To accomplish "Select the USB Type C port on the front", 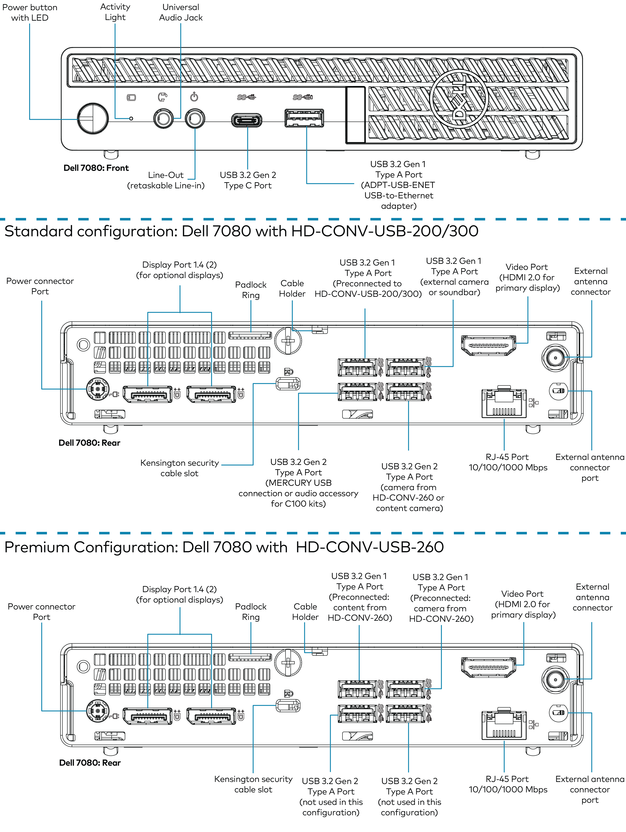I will [246, 121].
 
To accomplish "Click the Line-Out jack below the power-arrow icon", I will [195, 119].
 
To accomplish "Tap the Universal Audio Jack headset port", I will [163, 119].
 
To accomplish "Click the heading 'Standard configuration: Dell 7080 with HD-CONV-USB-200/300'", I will [241, 231].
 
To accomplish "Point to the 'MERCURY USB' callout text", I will [298, 483].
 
